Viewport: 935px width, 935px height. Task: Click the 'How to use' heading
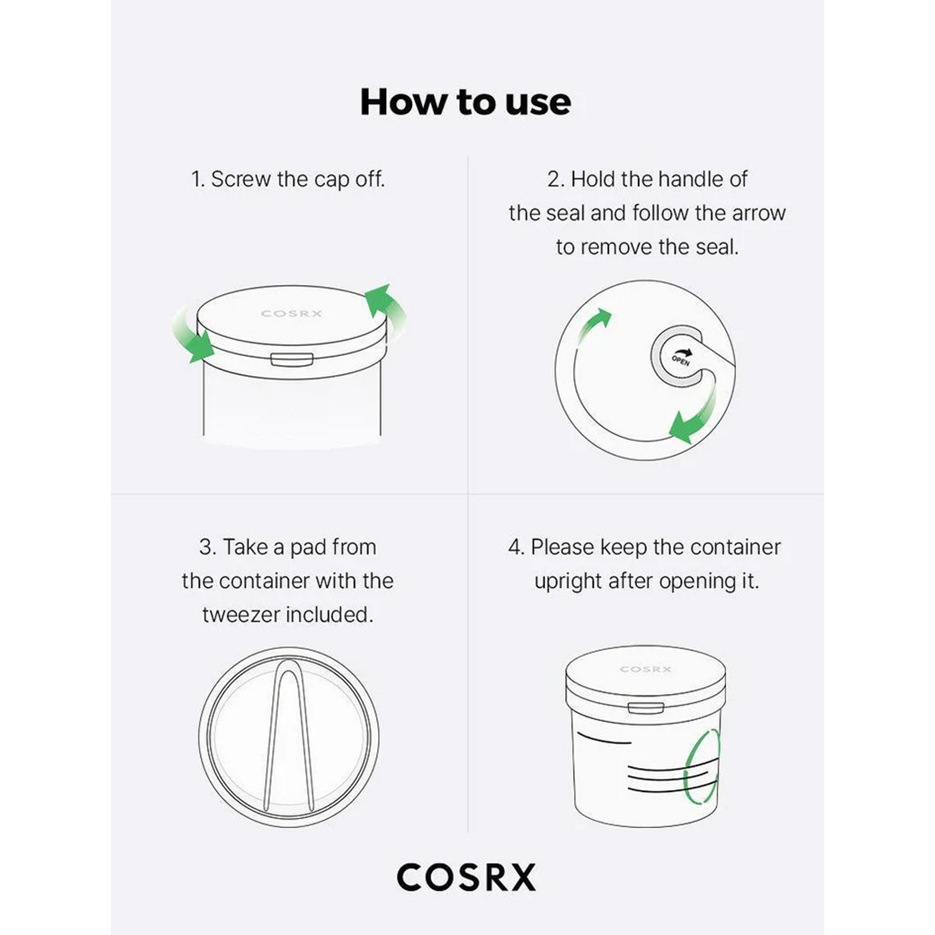tap(465, 102)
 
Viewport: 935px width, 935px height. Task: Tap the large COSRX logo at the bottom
tap(466, 877)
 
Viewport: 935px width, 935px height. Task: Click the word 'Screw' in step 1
tap(241, 179)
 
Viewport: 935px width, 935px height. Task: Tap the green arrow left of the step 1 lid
tap(192, 335)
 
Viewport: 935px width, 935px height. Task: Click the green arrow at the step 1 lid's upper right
tap(385, 308)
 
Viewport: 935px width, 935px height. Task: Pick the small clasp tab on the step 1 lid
tap(291, 359)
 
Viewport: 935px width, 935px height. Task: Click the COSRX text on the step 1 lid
tap(291, 314)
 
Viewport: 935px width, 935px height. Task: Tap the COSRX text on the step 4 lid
tap(645, 670)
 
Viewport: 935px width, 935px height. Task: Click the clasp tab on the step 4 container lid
tap(646, 707)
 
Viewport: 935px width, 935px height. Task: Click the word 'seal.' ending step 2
tap(717, 247)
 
